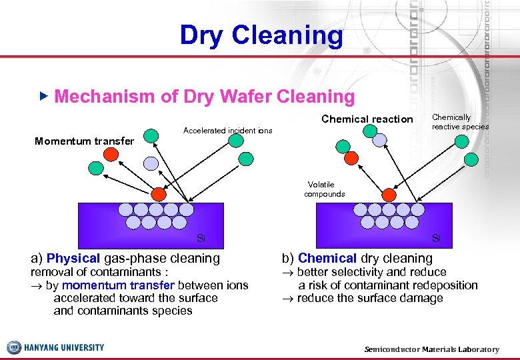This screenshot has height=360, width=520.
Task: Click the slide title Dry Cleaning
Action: pos(261,35)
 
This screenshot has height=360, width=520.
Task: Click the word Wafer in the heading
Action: pos(221,97)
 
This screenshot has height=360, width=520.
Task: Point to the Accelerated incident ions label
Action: pos(227,131)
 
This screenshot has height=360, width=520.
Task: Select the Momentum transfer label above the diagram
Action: pos(84,141)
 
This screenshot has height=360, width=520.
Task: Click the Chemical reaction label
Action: pos(367,119)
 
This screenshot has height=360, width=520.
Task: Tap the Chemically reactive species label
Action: pos(459,122)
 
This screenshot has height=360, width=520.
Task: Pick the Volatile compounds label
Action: pos(324,189)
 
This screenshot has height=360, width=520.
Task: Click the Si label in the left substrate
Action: pos(201,238)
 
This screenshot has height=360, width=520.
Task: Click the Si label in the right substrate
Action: pos(436,238)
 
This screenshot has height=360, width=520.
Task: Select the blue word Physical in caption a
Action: pos(73,258)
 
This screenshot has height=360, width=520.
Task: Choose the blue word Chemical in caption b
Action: pos(327,258)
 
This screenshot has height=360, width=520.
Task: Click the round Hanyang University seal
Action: pos(14,347)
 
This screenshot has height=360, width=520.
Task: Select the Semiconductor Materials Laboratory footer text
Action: pos(431,349)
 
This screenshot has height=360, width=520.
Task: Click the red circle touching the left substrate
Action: pos(159,194)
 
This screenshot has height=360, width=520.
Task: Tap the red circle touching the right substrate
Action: pos(389,194)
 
